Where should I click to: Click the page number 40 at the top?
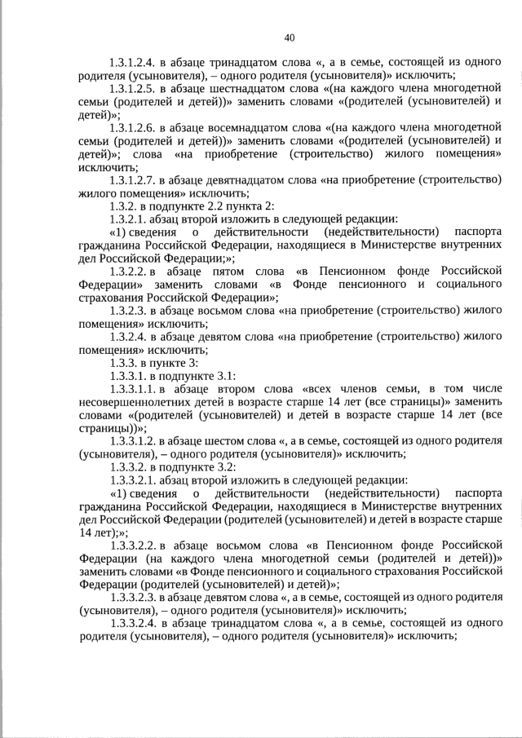tap(290, 37)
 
